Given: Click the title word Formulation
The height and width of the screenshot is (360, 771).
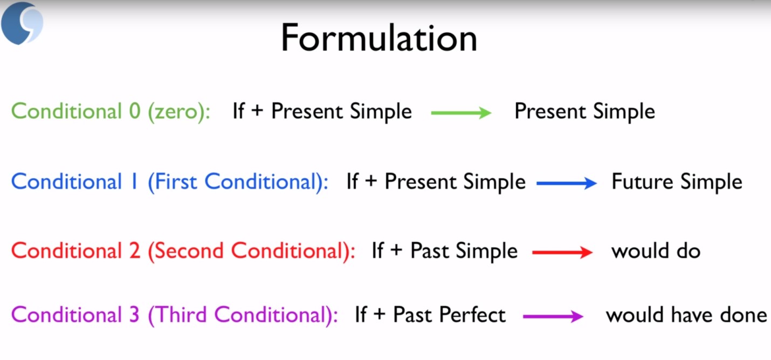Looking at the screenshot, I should (378, 39).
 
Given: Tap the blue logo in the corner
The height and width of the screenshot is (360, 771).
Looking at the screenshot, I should (22, 23).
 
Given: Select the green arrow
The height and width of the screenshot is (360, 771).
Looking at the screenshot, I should (461, 113).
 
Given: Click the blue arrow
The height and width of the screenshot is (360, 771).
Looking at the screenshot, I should (567, 183).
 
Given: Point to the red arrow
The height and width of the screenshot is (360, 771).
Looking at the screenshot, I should (562, 253).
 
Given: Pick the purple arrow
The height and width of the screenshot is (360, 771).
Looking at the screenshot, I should (553, 317).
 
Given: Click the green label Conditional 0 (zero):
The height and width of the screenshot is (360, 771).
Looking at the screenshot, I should (111, 112).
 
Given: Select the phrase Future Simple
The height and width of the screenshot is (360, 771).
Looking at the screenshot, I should (677, 182).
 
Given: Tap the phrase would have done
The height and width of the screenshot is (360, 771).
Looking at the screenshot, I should (686, 315).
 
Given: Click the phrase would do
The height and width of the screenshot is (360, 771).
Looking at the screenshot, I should (656, 251).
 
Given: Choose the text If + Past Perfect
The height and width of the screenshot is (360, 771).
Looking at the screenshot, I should (430, 315).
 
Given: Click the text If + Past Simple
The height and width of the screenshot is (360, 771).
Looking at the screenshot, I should (445, 251).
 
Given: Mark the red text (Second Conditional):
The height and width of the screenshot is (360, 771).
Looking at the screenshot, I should (251, 251).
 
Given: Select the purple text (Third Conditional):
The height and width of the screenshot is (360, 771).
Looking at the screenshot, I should (243, 315).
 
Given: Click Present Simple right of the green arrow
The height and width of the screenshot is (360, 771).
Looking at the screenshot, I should (584, 112).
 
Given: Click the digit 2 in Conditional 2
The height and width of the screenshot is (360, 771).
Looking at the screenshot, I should (134, 251).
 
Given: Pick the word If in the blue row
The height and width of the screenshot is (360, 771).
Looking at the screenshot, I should (352, 182).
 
